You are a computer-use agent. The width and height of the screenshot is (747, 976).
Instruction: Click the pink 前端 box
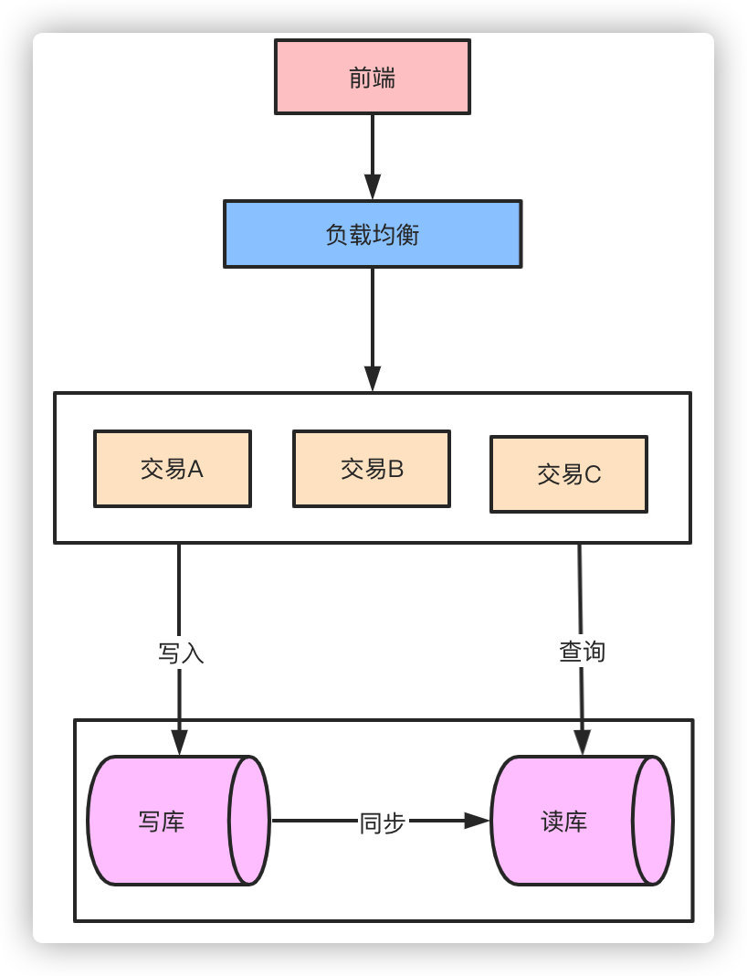point(373,77)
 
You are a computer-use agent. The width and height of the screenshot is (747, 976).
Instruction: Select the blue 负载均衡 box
point(373,235)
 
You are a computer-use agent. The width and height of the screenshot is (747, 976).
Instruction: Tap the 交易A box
point(172,469)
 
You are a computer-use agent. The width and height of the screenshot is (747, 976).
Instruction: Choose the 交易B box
point(371,469)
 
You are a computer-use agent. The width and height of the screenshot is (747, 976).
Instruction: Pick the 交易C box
point(568,473)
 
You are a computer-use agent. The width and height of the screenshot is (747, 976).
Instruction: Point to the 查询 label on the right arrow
point(582,652)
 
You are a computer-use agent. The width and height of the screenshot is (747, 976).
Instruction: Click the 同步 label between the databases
point(382,822)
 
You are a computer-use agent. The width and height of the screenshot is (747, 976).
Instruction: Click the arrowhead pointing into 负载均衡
point(373,188)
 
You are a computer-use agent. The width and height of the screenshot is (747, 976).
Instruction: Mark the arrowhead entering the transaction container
point(373,379)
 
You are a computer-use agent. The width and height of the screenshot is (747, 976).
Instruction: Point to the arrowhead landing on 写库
point(179,742)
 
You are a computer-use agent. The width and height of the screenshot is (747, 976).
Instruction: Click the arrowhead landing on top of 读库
point(582,742)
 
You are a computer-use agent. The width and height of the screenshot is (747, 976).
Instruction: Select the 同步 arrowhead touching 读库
point(478,821)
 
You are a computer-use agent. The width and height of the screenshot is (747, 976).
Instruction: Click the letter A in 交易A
point(195,469)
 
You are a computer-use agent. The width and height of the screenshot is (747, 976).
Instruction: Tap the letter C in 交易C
point(593,474)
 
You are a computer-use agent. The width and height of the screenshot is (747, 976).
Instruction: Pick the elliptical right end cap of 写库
point(249,821)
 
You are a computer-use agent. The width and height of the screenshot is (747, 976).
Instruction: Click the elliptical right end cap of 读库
point(652,821)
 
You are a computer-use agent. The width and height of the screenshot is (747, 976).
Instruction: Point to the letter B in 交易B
point(395,469)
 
